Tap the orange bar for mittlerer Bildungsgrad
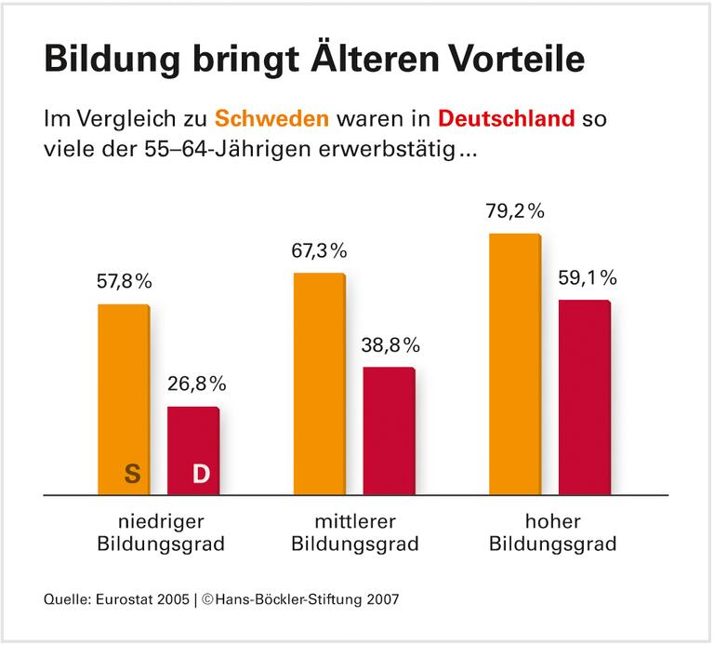pyautogui.click(x=319, y=383)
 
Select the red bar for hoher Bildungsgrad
pyautogui.click(x=584, y=396)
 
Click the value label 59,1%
pyautogui.click(x=586, y=278)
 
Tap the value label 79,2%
pyautogui.click(x=515, y=211)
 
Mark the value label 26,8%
pyautogui.click(x=195, y=384)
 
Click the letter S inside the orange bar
pyautogui.click(x=132, y=474)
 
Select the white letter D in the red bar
pyautogui.click(x=200, y=474)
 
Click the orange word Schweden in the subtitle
pyautogui.click(x=271, y=120)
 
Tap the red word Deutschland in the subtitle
pyautogui.click(x=507, y=120)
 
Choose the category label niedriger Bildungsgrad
pyautogui.click(x=161, y=531)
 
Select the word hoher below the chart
pyautogui.click(x=552, y=519)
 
